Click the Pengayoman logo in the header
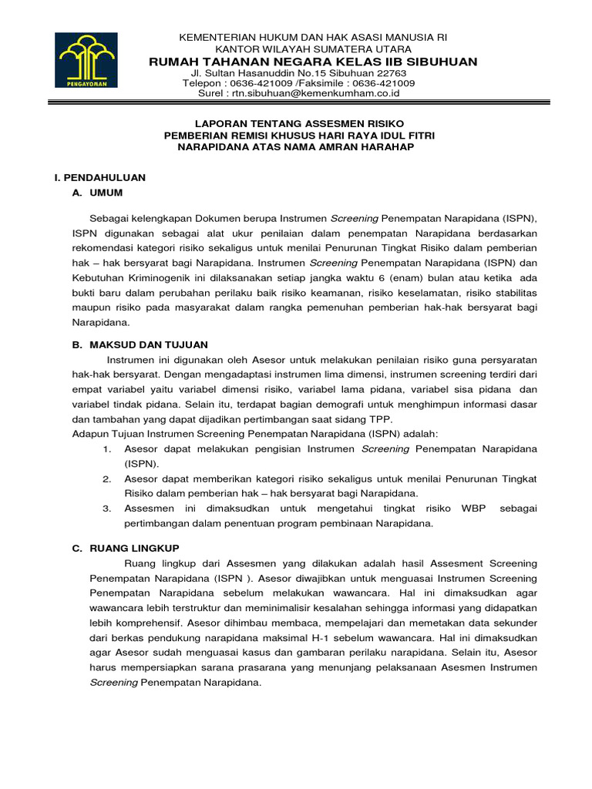point(86,61)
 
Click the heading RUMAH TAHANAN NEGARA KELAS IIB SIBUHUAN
point(312,62)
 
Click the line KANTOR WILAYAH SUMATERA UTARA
point(312,49)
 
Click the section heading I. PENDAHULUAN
point(99,177)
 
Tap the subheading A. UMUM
point(97,193)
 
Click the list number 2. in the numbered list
point(107,478)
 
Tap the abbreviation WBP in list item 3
point(473,509)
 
